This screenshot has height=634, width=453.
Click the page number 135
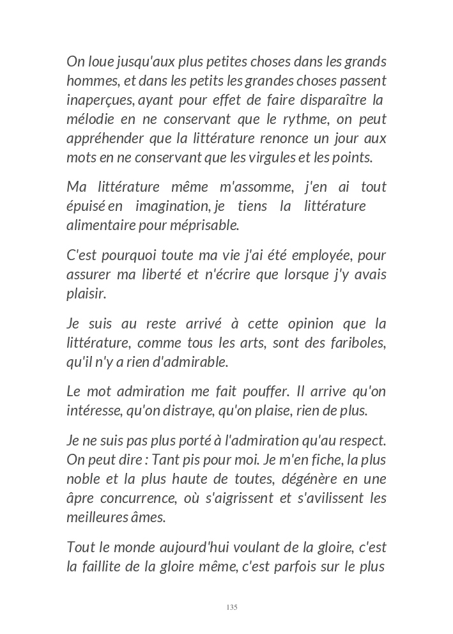[232, 607]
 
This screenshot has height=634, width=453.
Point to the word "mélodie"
[89, 119]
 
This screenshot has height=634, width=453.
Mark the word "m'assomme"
[256, 187]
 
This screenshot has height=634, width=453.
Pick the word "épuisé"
[86, 206]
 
